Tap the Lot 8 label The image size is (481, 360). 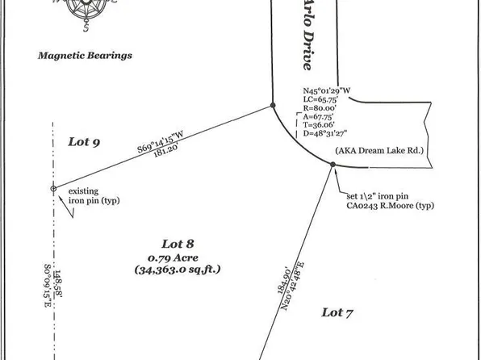coord(177,243)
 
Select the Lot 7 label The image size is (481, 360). coord(338,312)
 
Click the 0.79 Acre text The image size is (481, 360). coord(177,257)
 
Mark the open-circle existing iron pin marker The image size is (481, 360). coord(53,189)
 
